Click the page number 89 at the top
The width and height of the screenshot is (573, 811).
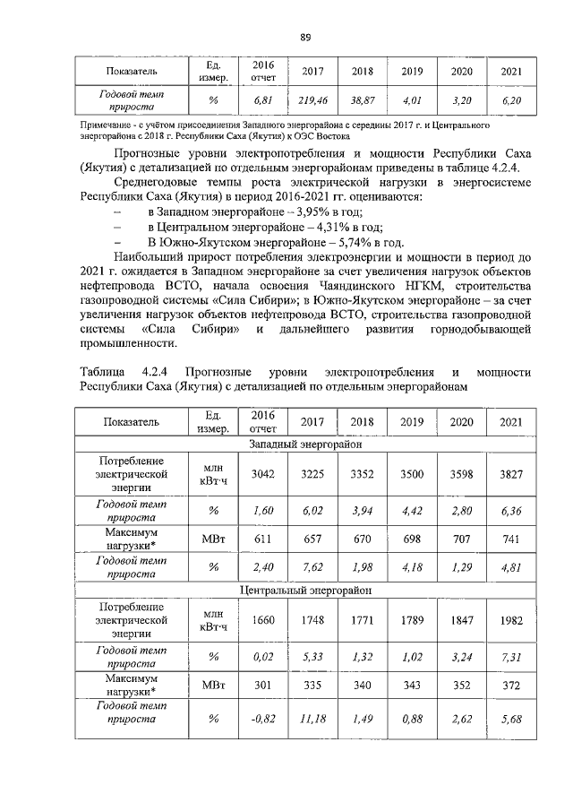click(304, 37)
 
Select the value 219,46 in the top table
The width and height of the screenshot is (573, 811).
click(313, 102)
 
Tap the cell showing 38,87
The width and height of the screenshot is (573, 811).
click(363, 102)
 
